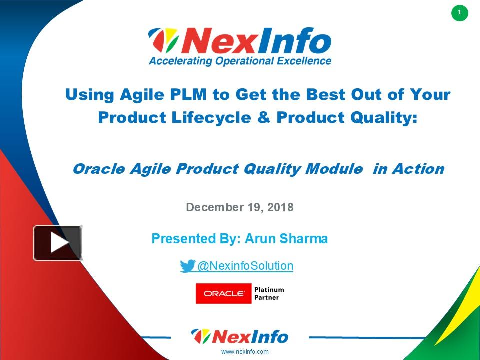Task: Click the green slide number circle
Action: [459, 13]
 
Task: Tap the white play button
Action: [58, 243]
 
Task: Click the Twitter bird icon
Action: [188, 266]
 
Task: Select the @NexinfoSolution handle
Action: [245, 266]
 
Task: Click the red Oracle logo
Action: [223, 293]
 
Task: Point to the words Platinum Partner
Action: [269, 293]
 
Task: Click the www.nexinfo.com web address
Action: [245, 351]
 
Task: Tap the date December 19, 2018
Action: [239, 207]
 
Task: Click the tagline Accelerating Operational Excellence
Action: [240, 61]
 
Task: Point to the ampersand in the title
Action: [264, 117]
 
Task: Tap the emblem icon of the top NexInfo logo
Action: [163, 41]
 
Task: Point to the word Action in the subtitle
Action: [418, 169]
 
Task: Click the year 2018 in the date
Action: [280, 207]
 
